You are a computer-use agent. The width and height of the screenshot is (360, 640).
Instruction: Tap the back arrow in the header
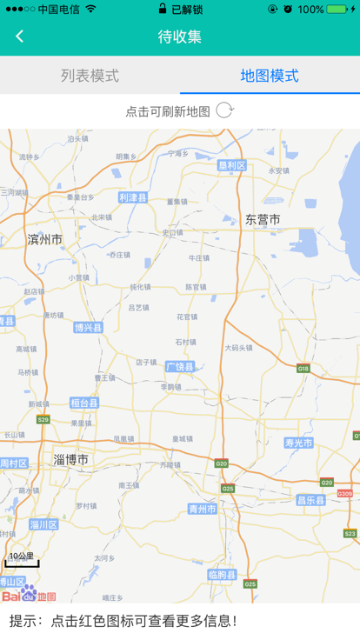coord(19,36)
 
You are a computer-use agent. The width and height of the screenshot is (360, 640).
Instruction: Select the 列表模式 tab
coord(90,76)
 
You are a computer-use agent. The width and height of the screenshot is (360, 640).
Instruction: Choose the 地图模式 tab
coord(270,76)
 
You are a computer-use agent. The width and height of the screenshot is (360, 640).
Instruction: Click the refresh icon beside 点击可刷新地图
coord(224,110)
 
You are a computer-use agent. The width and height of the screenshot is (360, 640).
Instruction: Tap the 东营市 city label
coord(263,220)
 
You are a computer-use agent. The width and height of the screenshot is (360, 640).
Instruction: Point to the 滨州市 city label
coord(45,239)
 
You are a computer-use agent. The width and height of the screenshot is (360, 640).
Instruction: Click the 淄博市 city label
coord(70,459)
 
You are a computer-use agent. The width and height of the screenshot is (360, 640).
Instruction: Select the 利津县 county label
coord(133,197)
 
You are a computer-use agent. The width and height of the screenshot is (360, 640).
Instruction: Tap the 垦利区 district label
coord(232,165)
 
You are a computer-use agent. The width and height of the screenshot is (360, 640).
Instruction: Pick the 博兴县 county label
coord(88,328)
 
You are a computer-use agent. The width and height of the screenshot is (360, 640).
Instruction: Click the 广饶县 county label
coord(179,366)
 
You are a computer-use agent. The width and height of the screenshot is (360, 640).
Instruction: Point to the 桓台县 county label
coord(84,403)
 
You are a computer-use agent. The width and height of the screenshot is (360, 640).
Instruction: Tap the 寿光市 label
coord(298,443)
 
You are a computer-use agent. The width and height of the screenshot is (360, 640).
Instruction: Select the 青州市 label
coord(203,509)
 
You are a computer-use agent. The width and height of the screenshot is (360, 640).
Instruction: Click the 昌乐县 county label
coord(310,500)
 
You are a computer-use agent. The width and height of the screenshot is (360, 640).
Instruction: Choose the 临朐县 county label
coord(222,575)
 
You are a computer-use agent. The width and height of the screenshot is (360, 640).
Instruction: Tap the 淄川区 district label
coord(43,524)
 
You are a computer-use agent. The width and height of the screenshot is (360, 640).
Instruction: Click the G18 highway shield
coord(303,369)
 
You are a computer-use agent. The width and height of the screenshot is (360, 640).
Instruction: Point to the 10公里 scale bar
coord(22,560)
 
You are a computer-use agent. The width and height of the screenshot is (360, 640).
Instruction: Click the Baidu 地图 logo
coord(29,595)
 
